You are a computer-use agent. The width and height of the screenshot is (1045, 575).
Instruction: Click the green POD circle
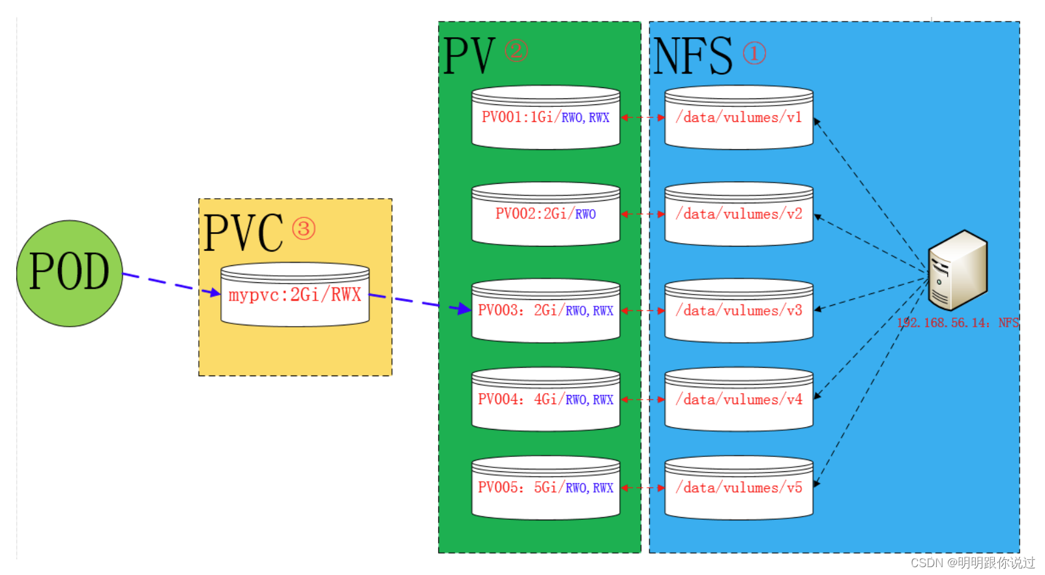tap(69, 273)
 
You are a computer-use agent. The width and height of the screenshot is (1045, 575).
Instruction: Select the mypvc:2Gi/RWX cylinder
tap(295, 295)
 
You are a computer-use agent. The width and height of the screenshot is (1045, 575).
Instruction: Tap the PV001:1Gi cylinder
tap(546, 118)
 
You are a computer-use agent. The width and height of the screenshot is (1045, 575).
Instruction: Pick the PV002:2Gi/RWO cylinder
tap(546, 214)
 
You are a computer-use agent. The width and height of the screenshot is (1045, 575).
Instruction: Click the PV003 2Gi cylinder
tap(546, 311)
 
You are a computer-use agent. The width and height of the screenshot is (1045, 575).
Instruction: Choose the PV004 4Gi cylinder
tap(546, 400)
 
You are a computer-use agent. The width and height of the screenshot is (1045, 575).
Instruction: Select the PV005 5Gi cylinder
tap(546, 488)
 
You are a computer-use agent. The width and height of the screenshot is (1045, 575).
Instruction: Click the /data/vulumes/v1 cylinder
tap(739, 118)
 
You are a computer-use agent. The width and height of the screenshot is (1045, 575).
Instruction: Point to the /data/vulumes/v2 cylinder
tap(739, 214)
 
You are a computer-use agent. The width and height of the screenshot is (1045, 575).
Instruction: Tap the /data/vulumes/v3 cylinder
tap(739, 311)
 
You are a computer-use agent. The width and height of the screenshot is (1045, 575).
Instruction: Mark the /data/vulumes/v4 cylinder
tap(739, 400)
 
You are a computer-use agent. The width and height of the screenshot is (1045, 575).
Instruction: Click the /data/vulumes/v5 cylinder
tap(739, 488)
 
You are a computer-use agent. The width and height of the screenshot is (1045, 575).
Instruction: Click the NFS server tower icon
tap(958, 270)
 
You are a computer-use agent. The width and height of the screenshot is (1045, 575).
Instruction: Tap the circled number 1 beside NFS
tap(754, 53)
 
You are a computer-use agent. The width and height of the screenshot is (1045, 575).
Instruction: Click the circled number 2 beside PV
tap(516, 50)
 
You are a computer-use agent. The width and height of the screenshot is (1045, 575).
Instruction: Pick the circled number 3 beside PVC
tap(303, 229)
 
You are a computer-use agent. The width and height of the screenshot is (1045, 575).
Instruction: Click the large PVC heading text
tap(243, 233)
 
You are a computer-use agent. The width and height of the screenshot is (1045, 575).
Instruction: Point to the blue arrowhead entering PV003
tap(464, 308)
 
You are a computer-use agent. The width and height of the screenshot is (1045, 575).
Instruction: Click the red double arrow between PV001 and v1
tap(642, 118)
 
